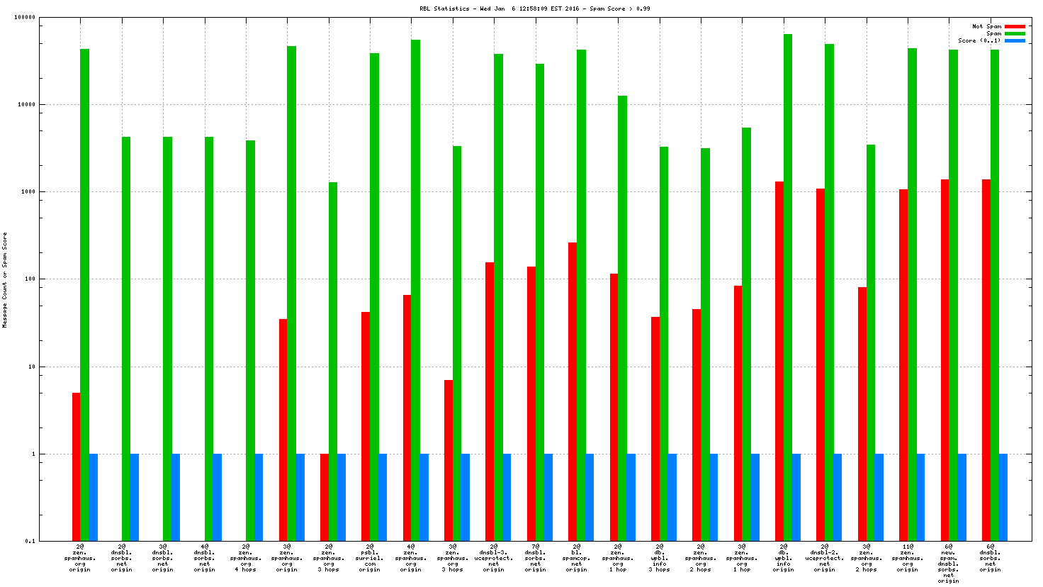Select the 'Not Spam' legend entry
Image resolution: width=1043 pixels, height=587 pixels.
coord(986,26)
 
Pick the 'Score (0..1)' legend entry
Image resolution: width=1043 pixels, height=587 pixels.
coord(979,40)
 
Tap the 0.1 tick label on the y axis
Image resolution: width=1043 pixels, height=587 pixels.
coord(30,541)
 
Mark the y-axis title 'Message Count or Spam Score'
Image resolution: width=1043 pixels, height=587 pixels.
coord(5,280)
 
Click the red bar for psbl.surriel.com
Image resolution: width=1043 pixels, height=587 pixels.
coord(366,425)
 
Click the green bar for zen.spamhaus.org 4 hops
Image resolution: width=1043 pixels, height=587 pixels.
coord(250,340)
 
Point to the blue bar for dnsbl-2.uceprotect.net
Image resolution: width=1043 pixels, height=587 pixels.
coord(838,496)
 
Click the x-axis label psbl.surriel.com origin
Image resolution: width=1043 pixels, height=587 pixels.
coord(369,558)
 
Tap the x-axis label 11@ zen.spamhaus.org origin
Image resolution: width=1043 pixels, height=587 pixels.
coord(907,558)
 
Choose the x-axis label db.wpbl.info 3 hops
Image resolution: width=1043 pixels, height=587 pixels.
coord(659,558)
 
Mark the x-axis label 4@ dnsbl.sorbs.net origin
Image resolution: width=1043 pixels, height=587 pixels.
coord(204,558)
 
